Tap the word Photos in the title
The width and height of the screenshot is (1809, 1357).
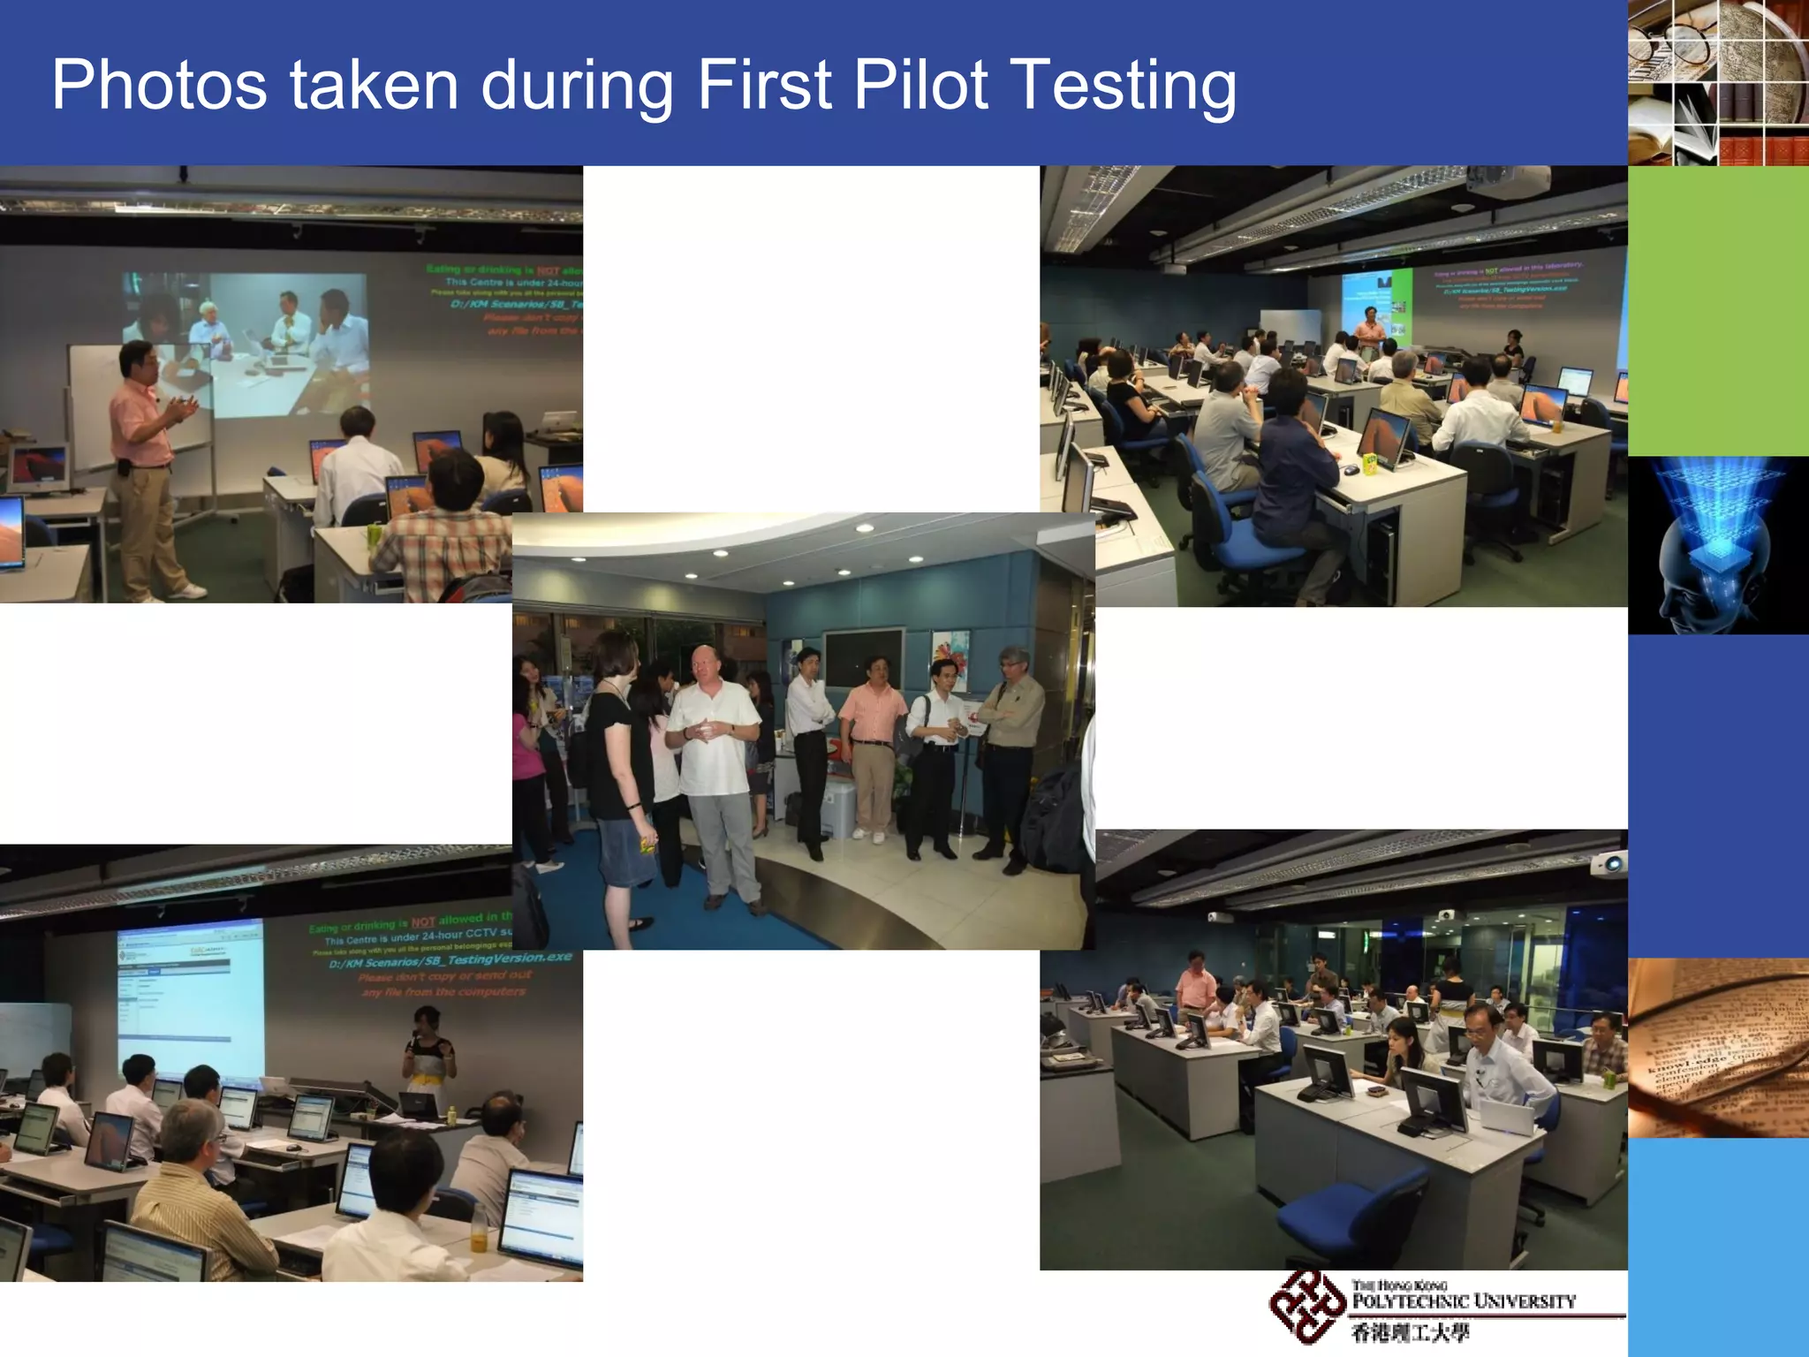click(x=159, y=85)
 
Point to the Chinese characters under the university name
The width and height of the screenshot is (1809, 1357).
click(x=1410, y=1333)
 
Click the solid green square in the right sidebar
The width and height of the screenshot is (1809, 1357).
click(x=1717, y=311)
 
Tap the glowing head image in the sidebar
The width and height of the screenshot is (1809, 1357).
click(x=1717, y=545)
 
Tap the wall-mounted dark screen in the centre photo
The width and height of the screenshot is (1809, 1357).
click(x=863, y=657)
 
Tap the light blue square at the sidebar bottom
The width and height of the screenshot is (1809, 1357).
click(x=1717, y=1246)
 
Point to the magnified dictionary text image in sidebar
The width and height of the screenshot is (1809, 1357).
click(x=1717, y=1048)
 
